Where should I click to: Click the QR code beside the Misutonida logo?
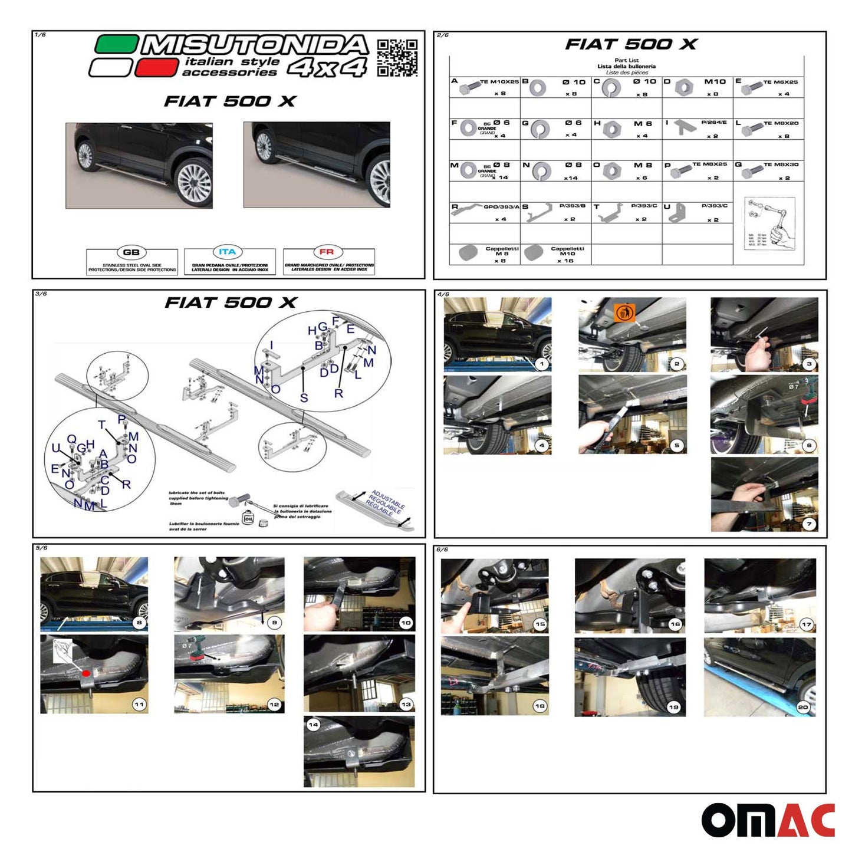point(397,58)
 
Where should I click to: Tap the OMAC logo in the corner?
point(767,820)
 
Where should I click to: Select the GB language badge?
point(131,252)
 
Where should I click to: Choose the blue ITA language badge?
point(227,252)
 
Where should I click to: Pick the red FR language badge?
point(327,252)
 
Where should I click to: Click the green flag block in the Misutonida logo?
point(116,45)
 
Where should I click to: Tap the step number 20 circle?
point(802,706)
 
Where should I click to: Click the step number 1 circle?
point(541,364)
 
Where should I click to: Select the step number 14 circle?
point(313,725)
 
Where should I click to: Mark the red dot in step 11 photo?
point(86,673)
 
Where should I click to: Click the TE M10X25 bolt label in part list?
point(499,82)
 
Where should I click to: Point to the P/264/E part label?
point(713,123)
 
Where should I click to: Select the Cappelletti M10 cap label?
point(567,251)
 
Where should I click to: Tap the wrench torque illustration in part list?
point(769,224)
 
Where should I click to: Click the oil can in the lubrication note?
point(248,517)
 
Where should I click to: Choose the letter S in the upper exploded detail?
point(304,398)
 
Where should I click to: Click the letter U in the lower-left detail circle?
point(56,448)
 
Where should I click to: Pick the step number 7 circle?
point(809,524)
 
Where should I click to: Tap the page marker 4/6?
point(443,294)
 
